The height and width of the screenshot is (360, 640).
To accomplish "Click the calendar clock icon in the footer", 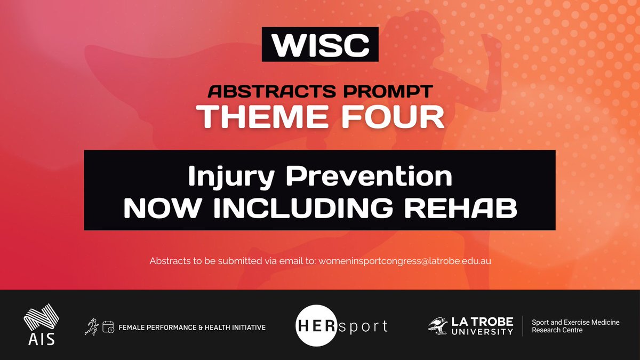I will pos(108,327).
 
